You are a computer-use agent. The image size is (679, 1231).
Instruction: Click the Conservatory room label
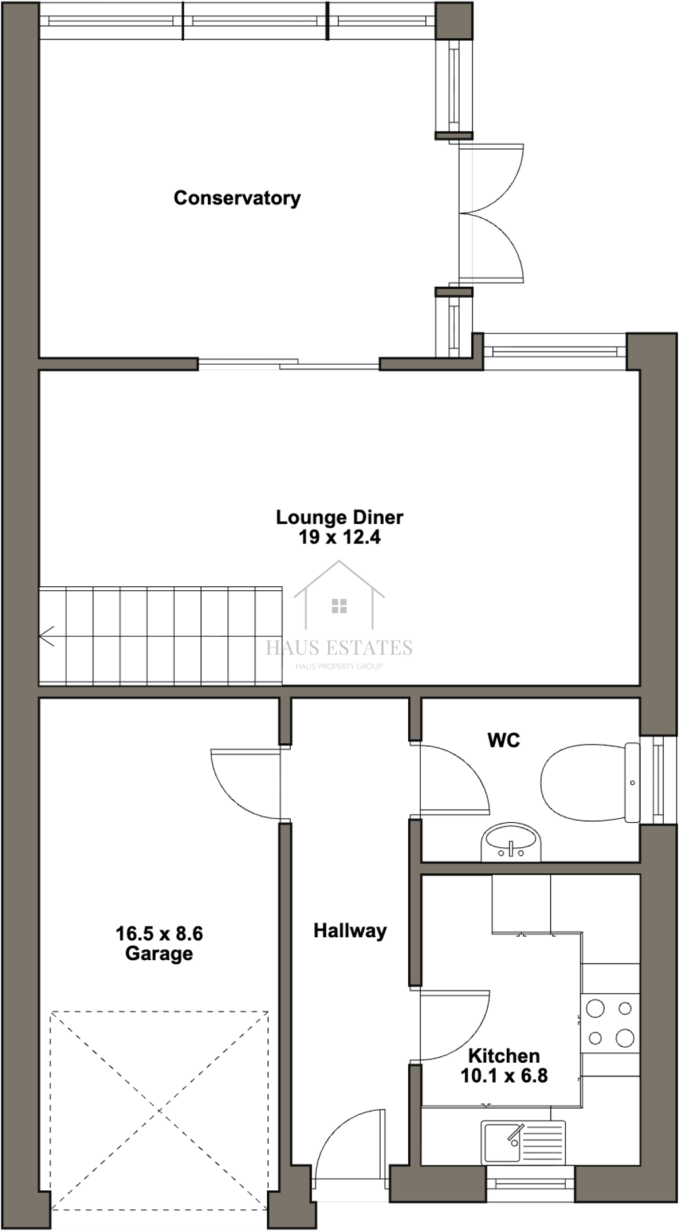click(237, 198)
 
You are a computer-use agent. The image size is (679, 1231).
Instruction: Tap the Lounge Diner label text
click(339, 517)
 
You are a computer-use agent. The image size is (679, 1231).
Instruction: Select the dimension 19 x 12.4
click(339, 538)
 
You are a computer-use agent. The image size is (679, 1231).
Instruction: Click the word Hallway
click(350, 931)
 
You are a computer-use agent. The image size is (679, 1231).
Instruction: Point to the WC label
click(503, 740)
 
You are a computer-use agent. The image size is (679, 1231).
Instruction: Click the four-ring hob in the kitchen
click(610, 1023)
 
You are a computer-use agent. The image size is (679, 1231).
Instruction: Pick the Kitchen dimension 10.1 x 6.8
click(503, 1076)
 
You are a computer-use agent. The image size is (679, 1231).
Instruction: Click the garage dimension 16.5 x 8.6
click(159, 933)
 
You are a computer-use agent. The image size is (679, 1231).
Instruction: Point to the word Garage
click(159, 954)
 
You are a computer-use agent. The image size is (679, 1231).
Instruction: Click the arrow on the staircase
click(47, 636)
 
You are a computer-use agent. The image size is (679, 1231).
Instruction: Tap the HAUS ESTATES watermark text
click(339, 648)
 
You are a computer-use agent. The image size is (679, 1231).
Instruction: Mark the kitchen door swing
click(454, 1025)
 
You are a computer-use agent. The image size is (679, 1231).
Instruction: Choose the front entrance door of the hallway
click(348, 1147)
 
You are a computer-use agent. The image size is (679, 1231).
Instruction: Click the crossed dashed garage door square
click(159, 1111)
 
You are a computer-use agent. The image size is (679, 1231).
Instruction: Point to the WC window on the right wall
click(657, 779)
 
